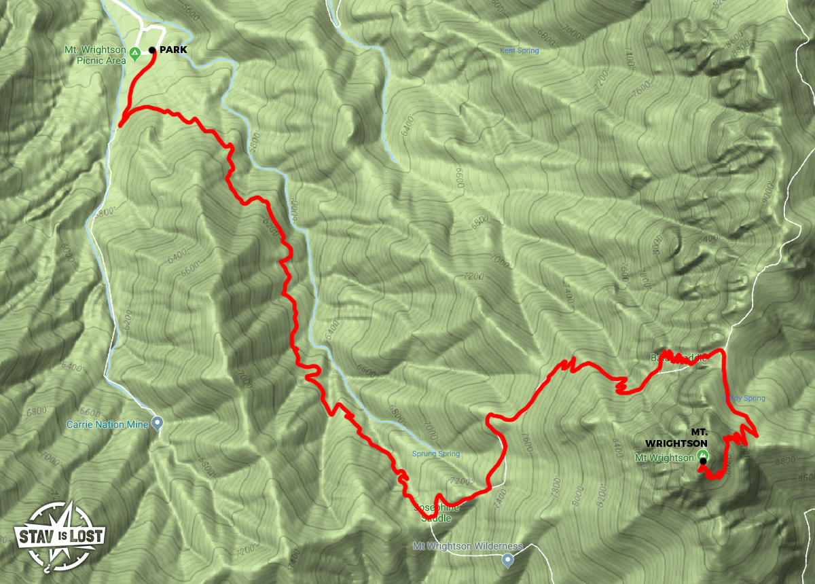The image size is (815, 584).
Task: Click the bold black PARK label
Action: click(175, 50)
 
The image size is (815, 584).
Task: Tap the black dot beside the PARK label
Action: click(153, 50)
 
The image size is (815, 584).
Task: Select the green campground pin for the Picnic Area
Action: click(135, 52)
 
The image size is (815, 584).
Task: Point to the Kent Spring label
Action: click(519, 51)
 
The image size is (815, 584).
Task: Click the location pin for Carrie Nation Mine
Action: click(158, 424)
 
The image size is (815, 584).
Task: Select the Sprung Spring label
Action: click(436, 454)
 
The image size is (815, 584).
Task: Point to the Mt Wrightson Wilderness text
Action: click(468, 546)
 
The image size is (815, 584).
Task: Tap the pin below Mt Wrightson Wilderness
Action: click(507, 560)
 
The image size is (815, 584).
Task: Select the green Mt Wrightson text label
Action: click(664, 458)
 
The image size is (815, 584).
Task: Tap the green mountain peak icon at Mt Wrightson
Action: click(702, 455)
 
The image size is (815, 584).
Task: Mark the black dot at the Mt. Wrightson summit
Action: click(703, 462)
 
